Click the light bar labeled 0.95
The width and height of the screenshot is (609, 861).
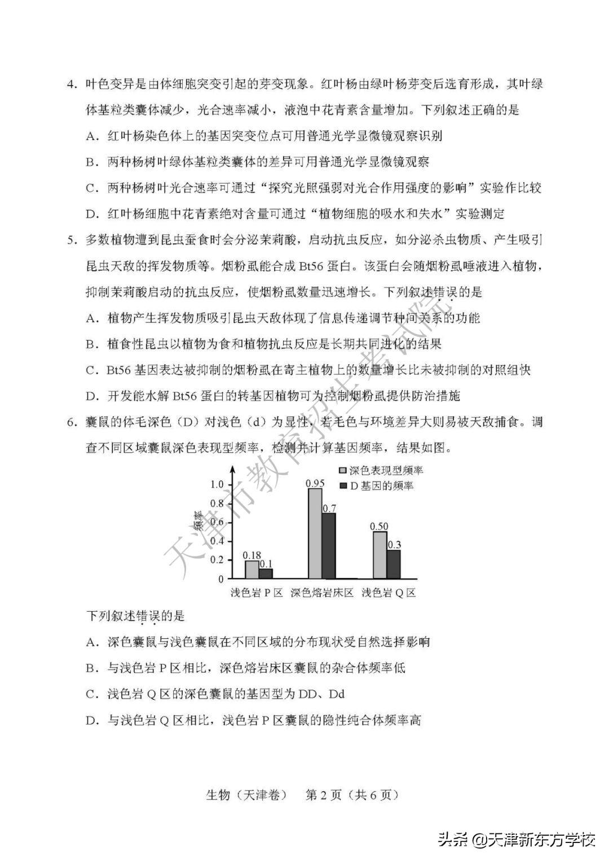point(315,533)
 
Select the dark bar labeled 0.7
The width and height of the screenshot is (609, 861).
point(329,545)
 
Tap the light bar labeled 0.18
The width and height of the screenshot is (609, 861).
point(252,569)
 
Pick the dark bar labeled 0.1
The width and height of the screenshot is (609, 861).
point(266,573)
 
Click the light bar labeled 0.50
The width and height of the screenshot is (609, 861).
point(380,555)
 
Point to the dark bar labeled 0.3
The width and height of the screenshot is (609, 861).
point(394,564)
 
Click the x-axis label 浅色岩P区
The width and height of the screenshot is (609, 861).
point(256,593)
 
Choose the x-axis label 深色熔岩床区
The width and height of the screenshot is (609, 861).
point(321,593)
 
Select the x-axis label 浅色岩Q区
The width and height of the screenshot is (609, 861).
point(389,593)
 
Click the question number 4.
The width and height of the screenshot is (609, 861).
point(71,85)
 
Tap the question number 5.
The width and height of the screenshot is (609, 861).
point(71,240)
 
